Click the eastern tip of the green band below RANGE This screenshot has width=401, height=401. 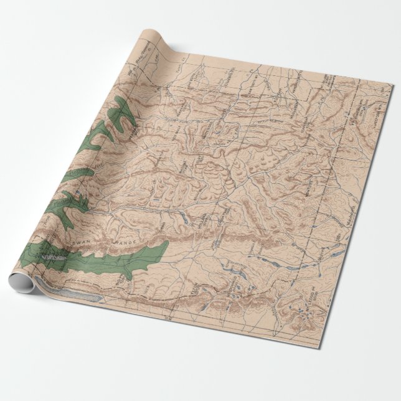click(x=167, y=247)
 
